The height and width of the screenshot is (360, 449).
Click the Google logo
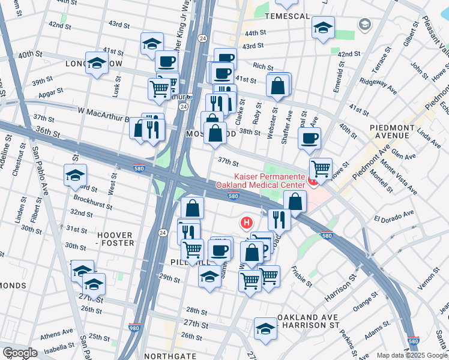click(20, 353)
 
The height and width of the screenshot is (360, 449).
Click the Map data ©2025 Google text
click(412, 355)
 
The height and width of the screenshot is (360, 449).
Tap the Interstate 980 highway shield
click(135, 328)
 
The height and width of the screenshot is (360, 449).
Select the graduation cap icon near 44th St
click(323, 28)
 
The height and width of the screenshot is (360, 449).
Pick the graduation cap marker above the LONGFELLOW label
click(97, 62)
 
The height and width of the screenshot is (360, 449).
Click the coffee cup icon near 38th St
click(309, 138)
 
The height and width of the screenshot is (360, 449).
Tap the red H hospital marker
click(246, 223)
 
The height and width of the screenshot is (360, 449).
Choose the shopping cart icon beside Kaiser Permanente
click(321, 168)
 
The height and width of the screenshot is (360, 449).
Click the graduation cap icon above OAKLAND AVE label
click(265, 328)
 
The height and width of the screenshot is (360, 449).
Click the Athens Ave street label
click(58, 332)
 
